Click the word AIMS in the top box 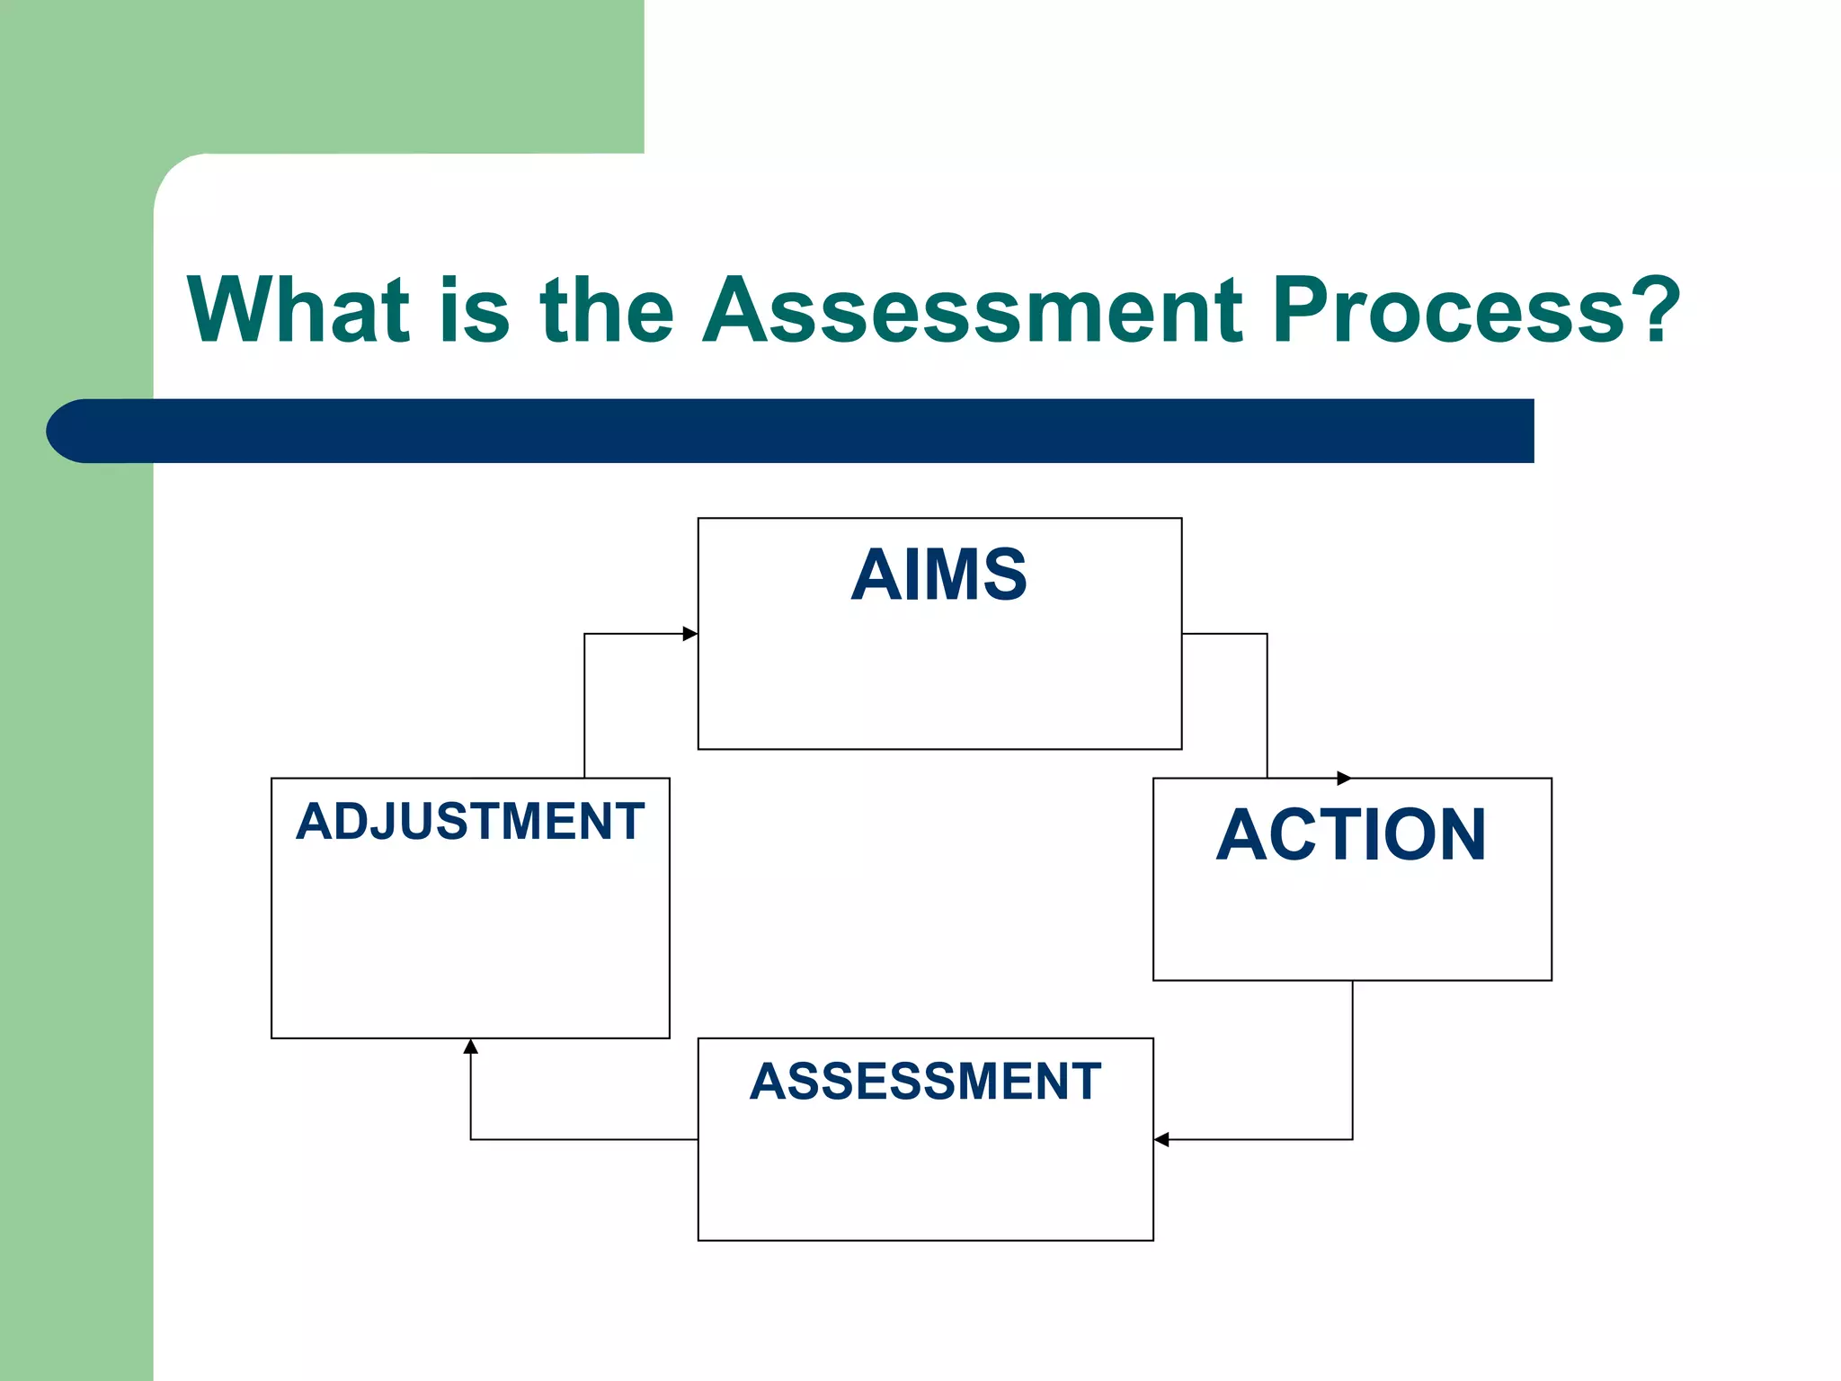tap(938, 575)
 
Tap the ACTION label tap(1351, 834)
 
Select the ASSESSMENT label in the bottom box tap(925, 1081)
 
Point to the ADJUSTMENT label tap(470, 821)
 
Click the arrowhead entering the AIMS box tap(690, 634)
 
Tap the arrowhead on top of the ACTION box tap(1344, 778)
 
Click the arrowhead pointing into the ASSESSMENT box tap(1161, 1139)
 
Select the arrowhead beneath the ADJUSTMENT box tap(470, 1047)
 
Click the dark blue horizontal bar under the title tap(809, 431)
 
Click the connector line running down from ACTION tap(1352, 1061)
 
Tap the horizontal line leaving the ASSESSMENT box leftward tap(584, 1139)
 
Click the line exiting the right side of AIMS tap(1224, 634)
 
